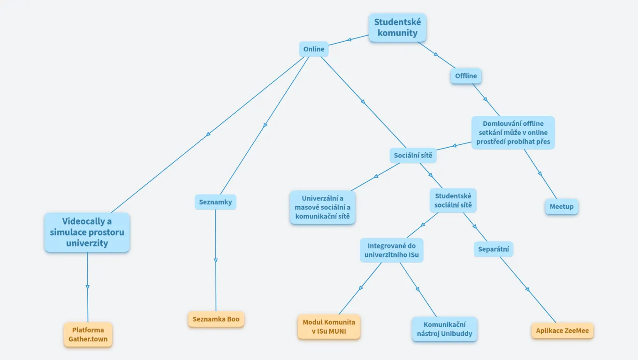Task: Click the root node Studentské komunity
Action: click(x=397, y=28)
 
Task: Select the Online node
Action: click(x=314, y=49)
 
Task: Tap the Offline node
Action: click(x=466, y=76)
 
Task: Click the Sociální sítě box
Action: click(x=413, y=155)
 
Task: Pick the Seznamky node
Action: click(x=215, y=202)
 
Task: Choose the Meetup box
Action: click(x=562, y=207)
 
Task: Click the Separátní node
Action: click(x=494, y=249)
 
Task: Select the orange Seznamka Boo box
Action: click(x=216, y=319)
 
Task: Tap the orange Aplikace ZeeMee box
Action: click(x=562, y=331)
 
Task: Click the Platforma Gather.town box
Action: click(x=88, y=335)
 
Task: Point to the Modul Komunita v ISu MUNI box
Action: click(x=329, y=327)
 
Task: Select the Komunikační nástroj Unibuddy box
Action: click(x=444, y=329)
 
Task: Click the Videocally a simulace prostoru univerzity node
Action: click(x=87, y=232)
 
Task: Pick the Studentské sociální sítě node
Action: click(x=453, y=201)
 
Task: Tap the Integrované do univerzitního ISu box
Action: click(x=392, y=250)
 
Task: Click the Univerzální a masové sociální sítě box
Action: click(x=322, y=208)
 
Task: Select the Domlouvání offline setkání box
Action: click(x=513, y=133)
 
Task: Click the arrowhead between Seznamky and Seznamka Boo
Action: click(x=216, y=260)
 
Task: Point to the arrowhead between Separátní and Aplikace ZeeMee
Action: click(x=528, y=290)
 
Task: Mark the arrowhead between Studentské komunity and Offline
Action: click(x=436, y=55)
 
